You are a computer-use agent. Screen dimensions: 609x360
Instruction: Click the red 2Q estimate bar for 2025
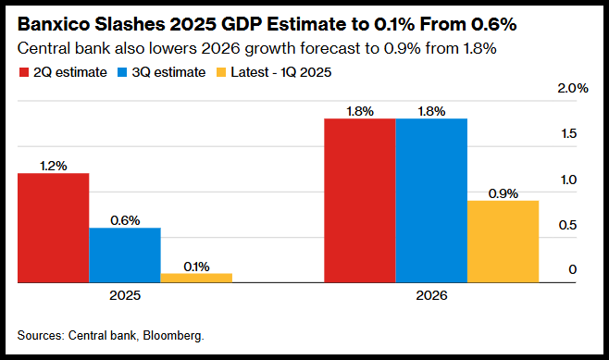pos(53,228)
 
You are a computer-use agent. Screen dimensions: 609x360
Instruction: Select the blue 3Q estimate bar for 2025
pos(125,255)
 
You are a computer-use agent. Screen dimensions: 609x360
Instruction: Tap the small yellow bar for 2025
pos(196,278)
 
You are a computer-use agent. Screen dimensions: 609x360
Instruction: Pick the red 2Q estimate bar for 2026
pos(360,201)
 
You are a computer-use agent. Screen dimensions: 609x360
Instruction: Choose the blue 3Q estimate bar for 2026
pos(431,201)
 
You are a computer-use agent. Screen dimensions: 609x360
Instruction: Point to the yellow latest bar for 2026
pos(503,242)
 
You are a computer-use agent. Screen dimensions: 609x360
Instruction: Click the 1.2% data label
pos(53,166)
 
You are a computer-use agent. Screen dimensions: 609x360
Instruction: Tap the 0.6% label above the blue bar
pos(125,220)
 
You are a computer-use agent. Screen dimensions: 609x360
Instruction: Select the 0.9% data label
pos(503,193)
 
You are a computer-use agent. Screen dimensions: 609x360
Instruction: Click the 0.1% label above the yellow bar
pos(196,267)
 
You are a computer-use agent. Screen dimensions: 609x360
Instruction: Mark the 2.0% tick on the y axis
pos(573,88)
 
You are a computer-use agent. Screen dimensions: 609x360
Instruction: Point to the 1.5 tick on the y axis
pos(569,133)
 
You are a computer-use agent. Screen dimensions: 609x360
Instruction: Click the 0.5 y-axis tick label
pos(568,225)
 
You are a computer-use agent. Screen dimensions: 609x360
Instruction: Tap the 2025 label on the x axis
pos(125,295)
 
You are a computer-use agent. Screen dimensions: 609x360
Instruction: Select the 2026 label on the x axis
pos(431,295)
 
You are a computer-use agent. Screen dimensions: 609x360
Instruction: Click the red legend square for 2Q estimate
pos(24,72)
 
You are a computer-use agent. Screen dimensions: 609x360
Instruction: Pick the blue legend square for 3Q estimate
pos(122,72)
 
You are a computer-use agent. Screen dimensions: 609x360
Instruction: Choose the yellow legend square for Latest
pos(221,72)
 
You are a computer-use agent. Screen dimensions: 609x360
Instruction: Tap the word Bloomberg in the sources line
pos(173,335)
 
